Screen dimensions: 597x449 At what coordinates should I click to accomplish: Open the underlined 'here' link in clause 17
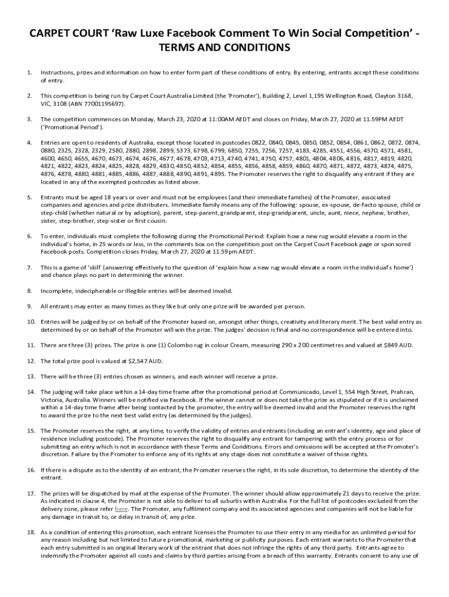(121, 508)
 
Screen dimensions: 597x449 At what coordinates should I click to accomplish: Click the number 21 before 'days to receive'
(344, 493)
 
